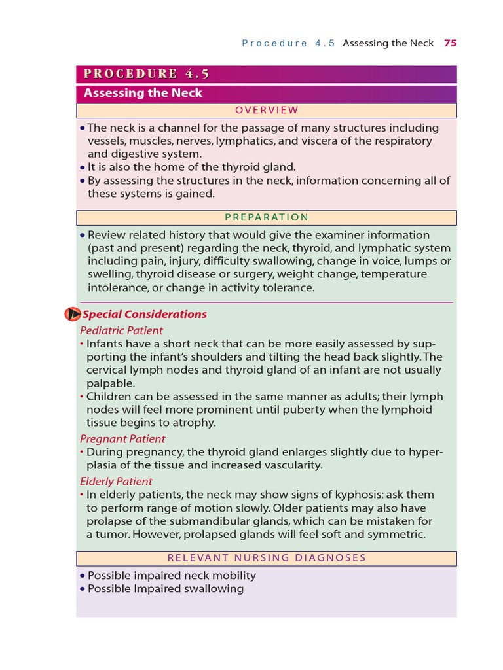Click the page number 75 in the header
450,43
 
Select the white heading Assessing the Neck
143,93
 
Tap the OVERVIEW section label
267,110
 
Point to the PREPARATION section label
267,217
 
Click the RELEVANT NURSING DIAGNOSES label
267,558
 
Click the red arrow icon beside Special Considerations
72,314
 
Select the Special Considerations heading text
145,314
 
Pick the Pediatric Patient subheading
121,330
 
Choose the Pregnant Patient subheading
122,438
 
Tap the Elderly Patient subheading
116,482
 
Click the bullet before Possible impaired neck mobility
82,576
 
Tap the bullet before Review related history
82,235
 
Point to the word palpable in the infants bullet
110,383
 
